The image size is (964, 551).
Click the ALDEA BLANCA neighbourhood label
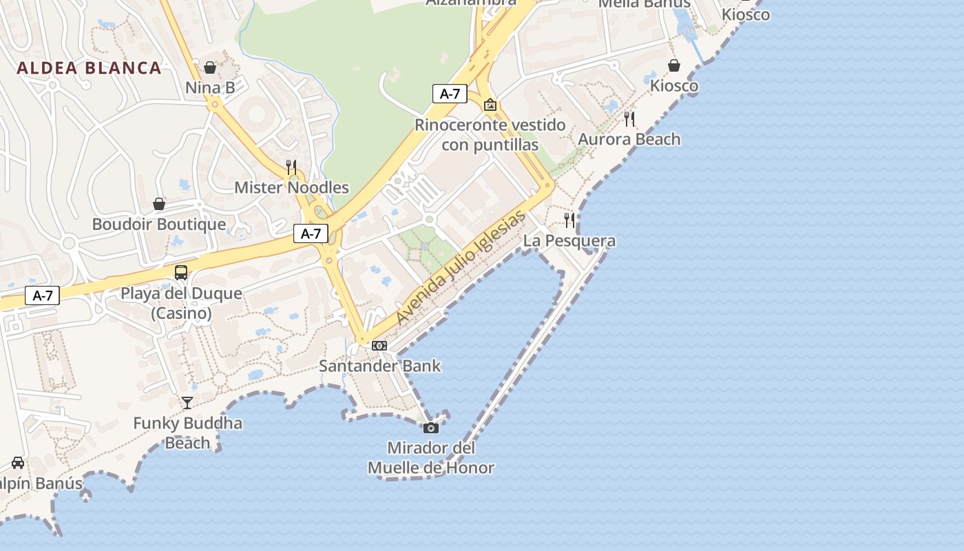[89, 68]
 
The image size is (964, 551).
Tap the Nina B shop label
[210, 87]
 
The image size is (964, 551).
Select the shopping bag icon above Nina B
[210, 67]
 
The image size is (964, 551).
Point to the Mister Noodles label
[291, 187]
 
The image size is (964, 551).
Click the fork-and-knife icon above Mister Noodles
[291, 167]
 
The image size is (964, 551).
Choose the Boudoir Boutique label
[159, 224]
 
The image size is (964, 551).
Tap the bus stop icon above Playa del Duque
[180, 273]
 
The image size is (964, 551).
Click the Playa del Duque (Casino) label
[181, 303]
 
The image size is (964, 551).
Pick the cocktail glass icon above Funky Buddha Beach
[187, 402]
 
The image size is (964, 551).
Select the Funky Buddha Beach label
[187, 433]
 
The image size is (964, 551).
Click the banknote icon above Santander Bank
[379, 346]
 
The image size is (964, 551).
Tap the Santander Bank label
[379, 366]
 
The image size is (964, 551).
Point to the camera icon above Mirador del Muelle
[431, 428]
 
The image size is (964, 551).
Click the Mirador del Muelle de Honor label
[431, 458]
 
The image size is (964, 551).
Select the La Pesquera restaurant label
[569, 241]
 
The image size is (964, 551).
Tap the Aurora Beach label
[629, 139]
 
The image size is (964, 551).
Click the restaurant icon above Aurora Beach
[629, 118]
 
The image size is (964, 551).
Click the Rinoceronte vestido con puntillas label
[490, 135]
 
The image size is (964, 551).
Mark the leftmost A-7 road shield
[43, 296]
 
